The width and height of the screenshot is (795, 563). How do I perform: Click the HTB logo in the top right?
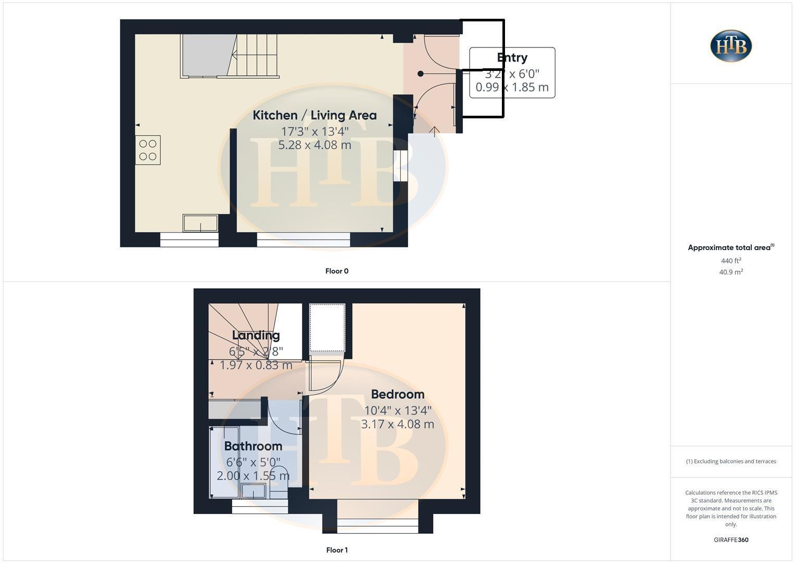(731, 46)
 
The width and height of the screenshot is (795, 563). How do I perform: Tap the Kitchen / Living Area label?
(314, 115)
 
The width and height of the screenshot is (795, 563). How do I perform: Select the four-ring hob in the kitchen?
(148, 150)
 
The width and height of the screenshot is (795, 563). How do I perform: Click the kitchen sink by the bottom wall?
(200, 223)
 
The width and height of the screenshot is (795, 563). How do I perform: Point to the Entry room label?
(512, 58)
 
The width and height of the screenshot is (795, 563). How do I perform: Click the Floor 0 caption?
(337, 271)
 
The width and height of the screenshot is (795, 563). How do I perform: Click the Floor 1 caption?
(337, 550)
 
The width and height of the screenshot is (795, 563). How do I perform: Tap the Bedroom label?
(398, 395)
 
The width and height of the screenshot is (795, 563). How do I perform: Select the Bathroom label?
(253, 446)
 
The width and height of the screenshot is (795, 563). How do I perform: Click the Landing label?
(256, 335)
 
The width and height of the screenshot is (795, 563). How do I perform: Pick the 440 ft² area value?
(731, 261)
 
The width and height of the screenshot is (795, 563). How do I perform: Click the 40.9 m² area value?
(731, 272)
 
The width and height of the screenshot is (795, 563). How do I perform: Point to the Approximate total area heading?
(730, 248)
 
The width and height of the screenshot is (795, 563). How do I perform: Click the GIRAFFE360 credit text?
(731, 540)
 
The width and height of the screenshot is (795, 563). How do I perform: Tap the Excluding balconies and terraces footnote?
(731, 461)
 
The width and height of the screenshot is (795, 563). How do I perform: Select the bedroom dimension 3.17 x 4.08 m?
(398, 424)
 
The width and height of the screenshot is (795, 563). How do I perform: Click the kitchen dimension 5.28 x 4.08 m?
(314, 145)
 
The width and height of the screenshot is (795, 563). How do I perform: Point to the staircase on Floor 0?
(255, 55)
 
